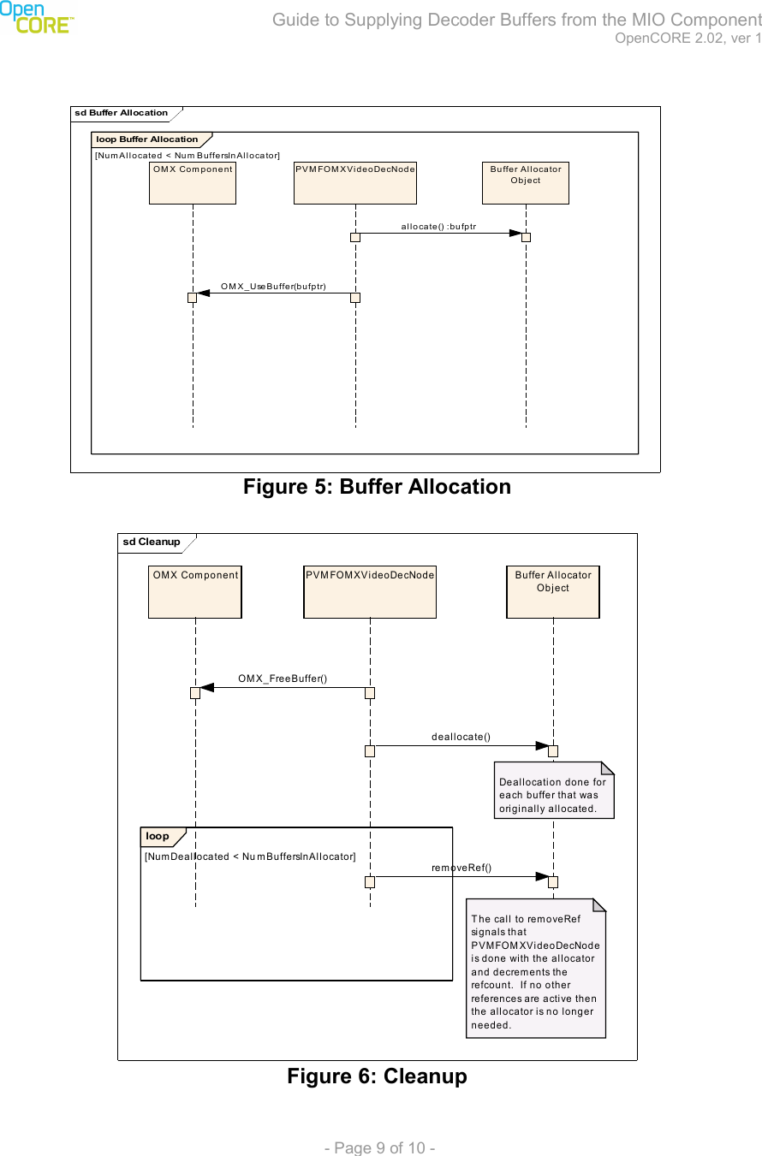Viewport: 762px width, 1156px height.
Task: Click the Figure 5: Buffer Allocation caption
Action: (377, 487)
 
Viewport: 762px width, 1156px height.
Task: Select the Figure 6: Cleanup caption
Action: (377, 1076)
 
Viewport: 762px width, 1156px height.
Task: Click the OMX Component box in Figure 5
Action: (193, 182)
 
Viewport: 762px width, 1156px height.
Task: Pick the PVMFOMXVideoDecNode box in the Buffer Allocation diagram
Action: (354, 182)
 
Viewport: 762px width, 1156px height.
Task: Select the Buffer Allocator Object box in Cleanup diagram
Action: (553, 591)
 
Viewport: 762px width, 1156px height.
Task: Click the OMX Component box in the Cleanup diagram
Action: (195, 591)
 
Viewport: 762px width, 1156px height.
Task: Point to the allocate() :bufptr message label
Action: (438, 226)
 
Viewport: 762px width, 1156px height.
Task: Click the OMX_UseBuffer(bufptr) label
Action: (273, 286)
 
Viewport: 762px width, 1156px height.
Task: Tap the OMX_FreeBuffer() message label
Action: (283, 679)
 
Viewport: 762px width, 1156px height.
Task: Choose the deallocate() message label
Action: (461, 736)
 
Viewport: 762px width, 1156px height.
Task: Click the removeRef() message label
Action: (461, 868)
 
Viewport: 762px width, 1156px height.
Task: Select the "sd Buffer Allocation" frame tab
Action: (122, 113)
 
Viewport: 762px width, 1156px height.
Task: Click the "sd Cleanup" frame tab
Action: (152, 542)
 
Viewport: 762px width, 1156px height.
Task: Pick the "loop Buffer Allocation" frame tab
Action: (147, 139)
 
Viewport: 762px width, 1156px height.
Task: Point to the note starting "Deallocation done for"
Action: (552, 795)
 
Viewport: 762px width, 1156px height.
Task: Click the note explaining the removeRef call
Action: (535, 971)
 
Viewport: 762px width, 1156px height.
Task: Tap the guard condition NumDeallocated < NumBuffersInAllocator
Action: (250, 857)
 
